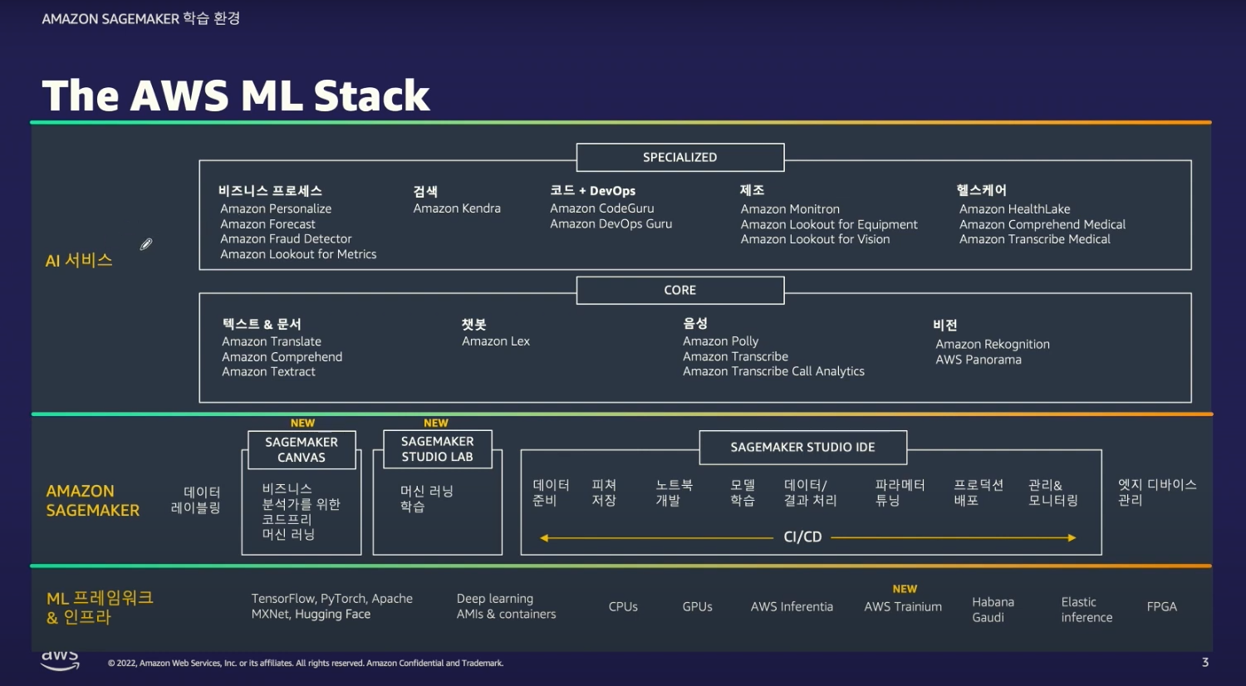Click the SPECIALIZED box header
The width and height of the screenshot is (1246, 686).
(679, 157)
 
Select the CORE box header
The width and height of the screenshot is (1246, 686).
(679, 290)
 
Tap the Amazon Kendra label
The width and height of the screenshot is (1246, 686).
(457, 208)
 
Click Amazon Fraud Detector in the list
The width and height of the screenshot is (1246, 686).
(286, 239)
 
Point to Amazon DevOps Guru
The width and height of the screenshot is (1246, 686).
(611, 223)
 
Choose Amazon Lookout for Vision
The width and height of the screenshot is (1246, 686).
(815, 239)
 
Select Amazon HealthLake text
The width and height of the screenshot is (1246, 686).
(1014, 209)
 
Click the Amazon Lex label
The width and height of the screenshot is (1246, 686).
(496, 341)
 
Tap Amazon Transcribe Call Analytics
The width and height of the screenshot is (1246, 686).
(773, 371)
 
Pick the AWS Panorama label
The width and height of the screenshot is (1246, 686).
(979, 360)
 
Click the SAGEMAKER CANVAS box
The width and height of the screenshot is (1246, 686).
(302, 449)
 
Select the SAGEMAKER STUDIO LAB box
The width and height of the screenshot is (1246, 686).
(437, 448)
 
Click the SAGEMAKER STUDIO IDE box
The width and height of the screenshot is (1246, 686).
(802, 447)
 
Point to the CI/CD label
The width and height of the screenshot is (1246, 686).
(802, 537)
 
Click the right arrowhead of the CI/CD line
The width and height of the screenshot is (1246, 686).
(1072, 537)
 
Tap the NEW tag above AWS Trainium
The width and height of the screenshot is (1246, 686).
(905, 589)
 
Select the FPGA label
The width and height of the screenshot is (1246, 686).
(1161, 607)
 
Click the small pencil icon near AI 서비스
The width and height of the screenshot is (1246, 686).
(146, 244)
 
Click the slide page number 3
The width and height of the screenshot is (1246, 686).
(1205, 662)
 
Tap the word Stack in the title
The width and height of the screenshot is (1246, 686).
(371, 96)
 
